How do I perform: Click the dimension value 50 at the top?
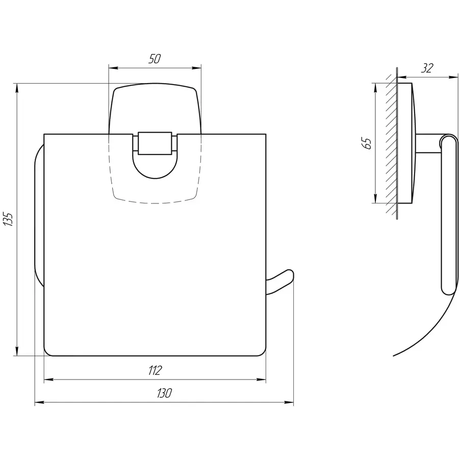tap(155, 59)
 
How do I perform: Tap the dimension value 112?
tap(156, 370)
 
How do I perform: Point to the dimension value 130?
tap(164, 393)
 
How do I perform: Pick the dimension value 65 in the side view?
tap(366, 143)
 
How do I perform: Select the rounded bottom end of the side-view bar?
tap(448, 290)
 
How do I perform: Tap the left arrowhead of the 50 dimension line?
tap(112, 67)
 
